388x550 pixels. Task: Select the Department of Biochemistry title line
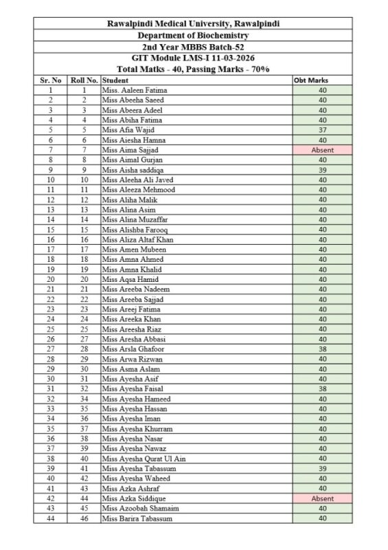(x=193, y=35)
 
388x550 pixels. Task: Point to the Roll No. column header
(x=84, y=80)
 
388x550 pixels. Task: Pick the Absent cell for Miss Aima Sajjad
(x=322, y=149)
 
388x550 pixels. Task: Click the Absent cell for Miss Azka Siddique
(x=322, y=498)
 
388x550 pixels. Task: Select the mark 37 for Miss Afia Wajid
(x=322, y=130)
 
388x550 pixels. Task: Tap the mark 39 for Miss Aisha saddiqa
(x=322, y=169)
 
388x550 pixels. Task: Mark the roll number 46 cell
(x=84, y=518)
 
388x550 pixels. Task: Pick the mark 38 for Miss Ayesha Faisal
(x=322, y=388)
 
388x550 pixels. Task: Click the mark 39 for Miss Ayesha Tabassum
(x=322, y=468)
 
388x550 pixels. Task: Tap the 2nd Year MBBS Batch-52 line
(x=193, y=47)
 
